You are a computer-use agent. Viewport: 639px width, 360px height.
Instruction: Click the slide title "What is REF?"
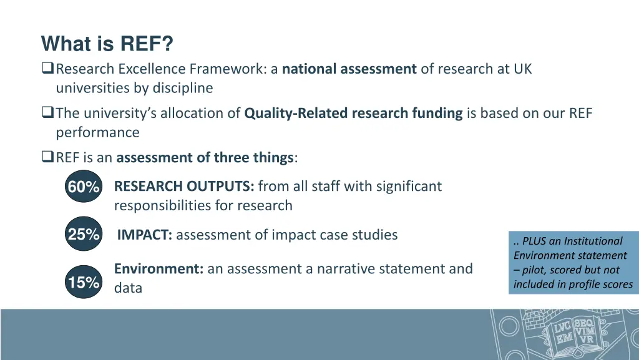[x=107, y=44]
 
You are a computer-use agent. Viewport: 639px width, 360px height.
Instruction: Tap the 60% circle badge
[x=84, y=187]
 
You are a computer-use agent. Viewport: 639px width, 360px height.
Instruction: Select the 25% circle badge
[x=84, y=235]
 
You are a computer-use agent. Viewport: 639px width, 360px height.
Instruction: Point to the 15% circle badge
[x=84, y=283]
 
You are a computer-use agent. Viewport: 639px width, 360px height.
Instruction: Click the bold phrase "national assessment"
[x=349, y=69]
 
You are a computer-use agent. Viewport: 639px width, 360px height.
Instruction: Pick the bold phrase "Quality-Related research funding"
[x=353, y=113]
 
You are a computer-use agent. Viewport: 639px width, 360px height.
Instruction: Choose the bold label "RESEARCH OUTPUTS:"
[x=184, y=186]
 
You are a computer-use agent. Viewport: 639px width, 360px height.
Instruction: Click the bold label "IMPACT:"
[x=145, y=235]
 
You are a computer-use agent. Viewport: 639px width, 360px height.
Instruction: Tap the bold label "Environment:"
[x=159, y=269]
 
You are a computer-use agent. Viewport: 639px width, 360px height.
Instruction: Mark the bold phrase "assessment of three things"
[x=205, y=157]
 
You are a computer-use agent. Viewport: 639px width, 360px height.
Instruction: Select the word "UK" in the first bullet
[x=523, y=69]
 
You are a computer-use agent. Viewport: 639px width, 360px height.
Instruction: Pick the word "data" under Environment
[x=128, y=288]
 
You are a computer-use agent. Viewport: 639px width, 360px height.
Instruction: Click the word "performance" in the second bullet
[x=97, y=132]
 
